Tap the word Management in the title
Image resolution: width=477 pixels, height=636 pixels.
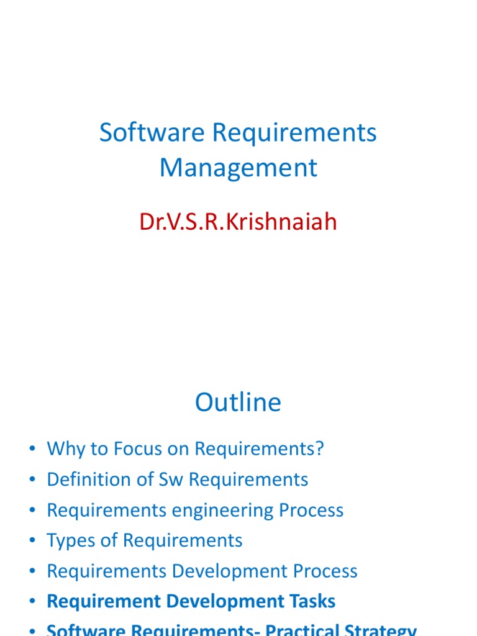pyautogui.click(x=238, y=168)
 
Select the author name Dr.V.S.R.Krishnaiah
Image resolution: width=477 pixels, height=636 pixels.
pyautogui.click(x=238, y=221)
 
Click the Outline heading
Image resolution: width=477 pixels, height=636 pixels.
pyautogui.click(x=238, y=402)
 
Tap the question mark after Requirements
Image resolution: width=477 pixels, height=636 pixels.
pyautogui.click(x=320, y=448)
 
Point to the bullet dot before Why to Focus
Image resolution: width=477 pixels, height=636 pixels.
pyautogui.click(x=32, y=450)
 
